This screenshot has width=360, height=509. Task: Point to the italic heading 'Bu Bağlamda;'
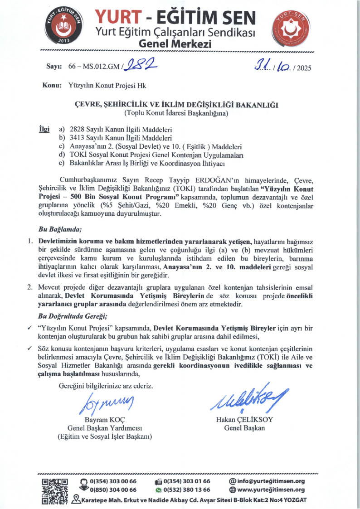click(56, 229)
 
